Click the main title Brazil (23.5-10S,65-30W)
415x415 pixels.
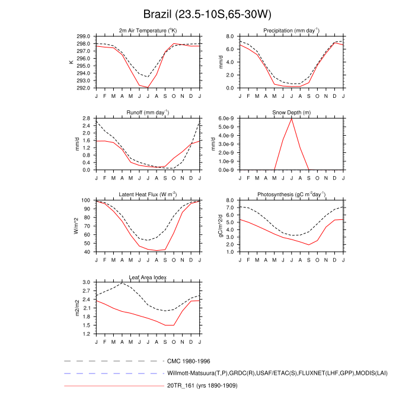pos(207,14)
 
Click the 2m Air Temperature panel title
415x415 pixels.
pos(148,30)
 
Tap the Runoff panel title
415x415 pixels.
pos(148,112)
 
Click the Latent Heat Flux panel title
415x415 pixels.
pos(148,194)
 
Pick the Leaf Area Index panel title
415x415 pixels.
pos(148,277)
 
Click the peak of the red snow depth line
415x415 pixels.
pos(292,119)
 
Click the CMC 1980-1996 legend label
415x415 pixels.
pos(189,360)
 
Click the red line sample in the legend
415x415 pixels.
pos(113,387)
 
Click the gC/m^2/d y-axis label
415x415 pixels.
pos(221,226)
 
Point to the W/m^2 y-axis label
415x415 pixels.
pos(76,226)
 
